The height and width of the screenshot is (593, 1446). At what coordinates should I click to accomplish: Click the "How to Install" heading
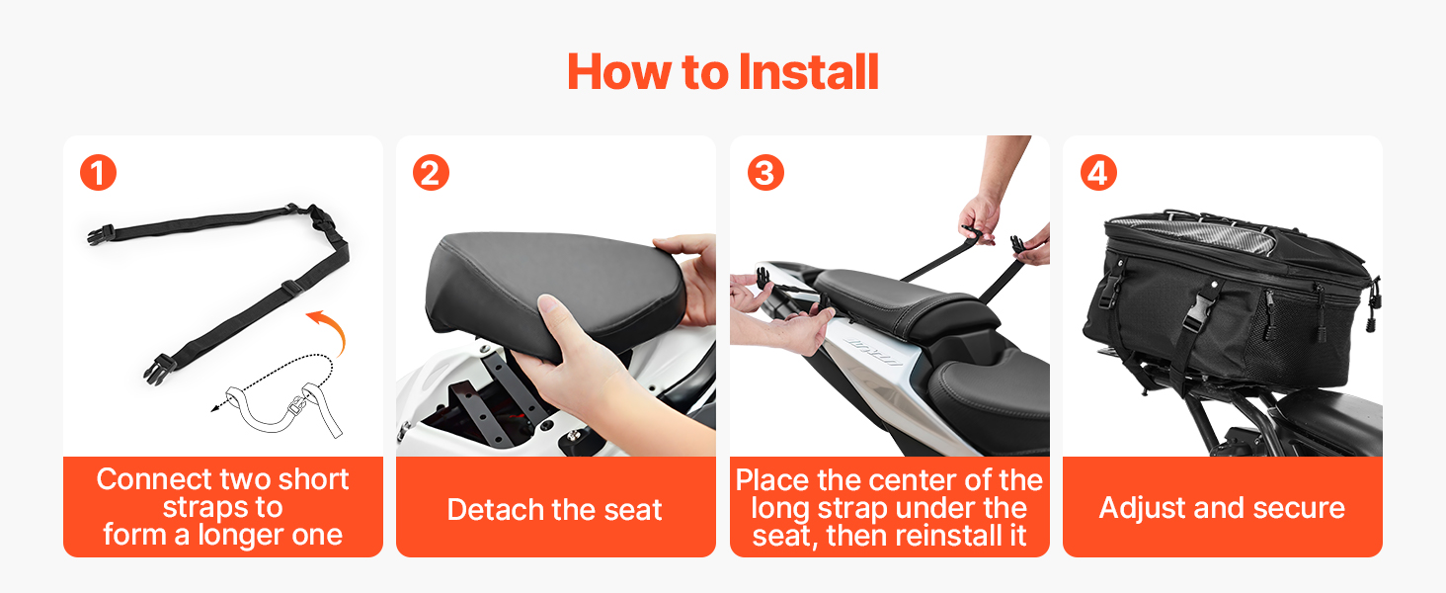(x=723, y=72)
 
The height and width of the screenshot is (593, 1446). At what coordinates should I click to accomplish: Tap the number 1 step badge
(x=98, y=173)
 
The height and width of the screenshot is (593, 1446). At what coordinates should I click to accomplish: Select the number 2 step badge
(x=431, y=173)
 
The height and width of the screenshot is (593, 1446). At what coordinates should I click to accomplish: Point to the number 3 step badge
(x=765, y=173)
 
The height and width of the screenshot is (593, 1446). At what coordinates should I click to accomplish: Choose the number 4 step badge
(x=1098, y=173)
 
